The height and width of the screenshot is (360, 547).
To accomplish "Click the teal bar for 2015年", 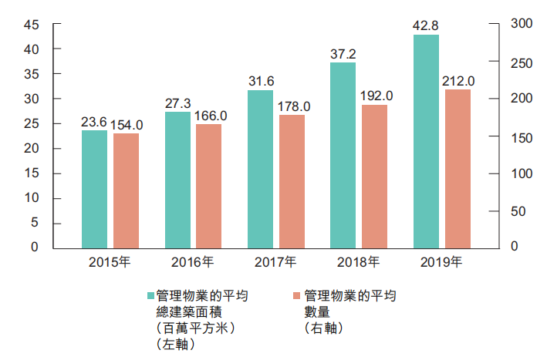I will pyautogui.click(x=95, y=189).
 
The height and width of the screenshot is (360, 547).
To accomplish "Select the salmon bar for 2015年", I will pyautogui.click(x=127, y=190).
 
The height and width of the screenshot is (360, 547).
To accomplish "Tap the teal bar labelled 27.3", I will pyautogui.click(x=177, y=180).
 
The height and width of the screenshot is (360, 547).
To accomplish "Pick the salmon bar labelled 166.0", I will pyautogui.click(x=209, y=186).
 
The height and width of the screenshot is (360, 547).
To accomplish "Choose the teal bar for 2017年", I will pyautogui.click(x=260, y=169).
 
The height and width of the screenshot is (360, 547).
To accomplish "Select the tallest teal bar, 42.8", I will pyautogui.click(x=426, y=141).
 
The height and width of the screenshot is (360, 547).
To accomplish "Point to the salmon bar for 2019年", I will pyautogui.click(x=458, y=168).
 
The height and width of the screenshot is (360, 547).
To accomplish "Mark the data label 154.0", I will pyautogui.click(x=127, y=124).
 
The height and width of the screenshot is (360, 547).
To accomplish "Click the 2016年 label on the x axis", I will pyautogui.click(x=193, y=262).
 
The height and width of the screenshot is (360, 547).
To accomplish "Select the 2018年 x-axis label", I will pyautogui.click(x=359, y=262).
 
